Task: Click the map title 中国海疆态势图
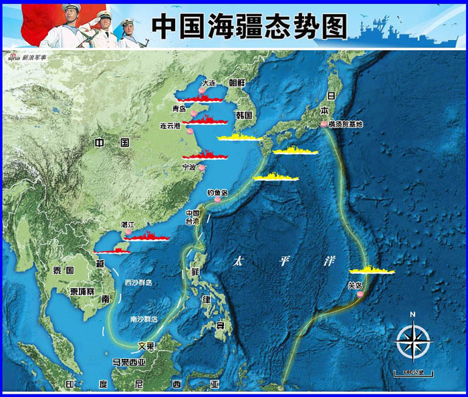[250, 26]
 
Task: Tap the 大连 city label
[210, 84]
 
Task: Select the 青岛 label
[179, 108]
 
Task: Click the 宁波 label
[190, 168]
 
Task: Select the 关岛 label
[355, 285]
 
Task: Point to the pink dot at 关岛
[360, 294]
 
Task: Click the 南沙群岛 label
[144, 319]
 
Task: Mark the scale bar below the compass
[413, 372]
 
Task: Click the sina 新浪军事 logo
[25, 57]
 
